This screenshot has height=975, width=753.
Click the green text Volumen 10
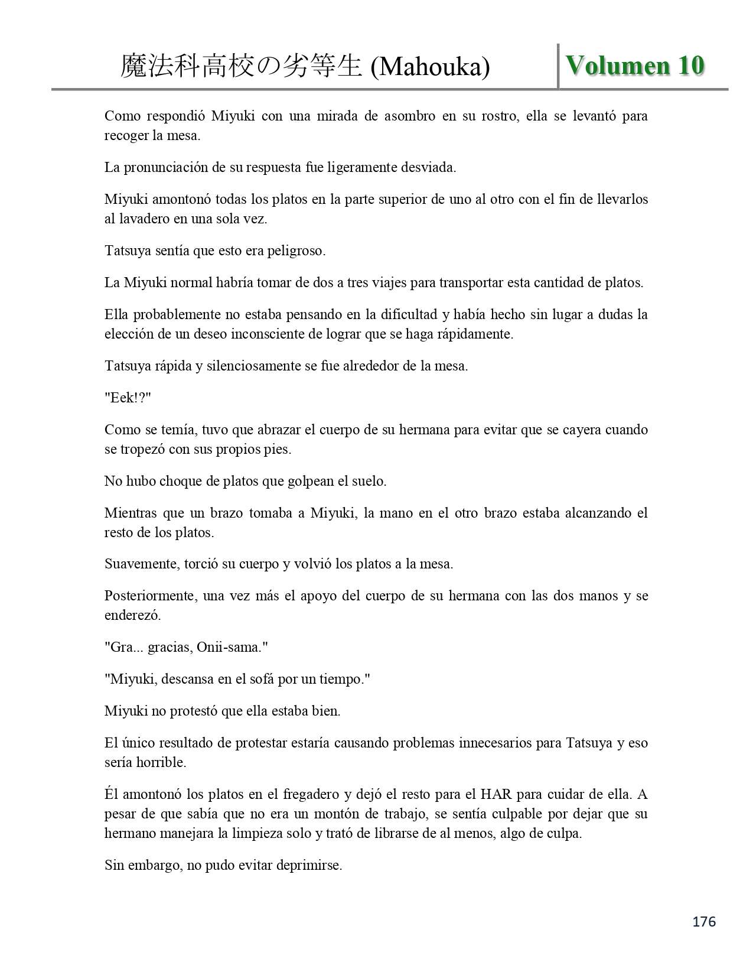[x=635, y=66]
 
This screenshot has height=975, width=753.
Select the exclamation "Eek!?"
[x=128, y=398]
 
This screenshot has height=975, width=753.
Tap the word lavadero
[x=144, y=219]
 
